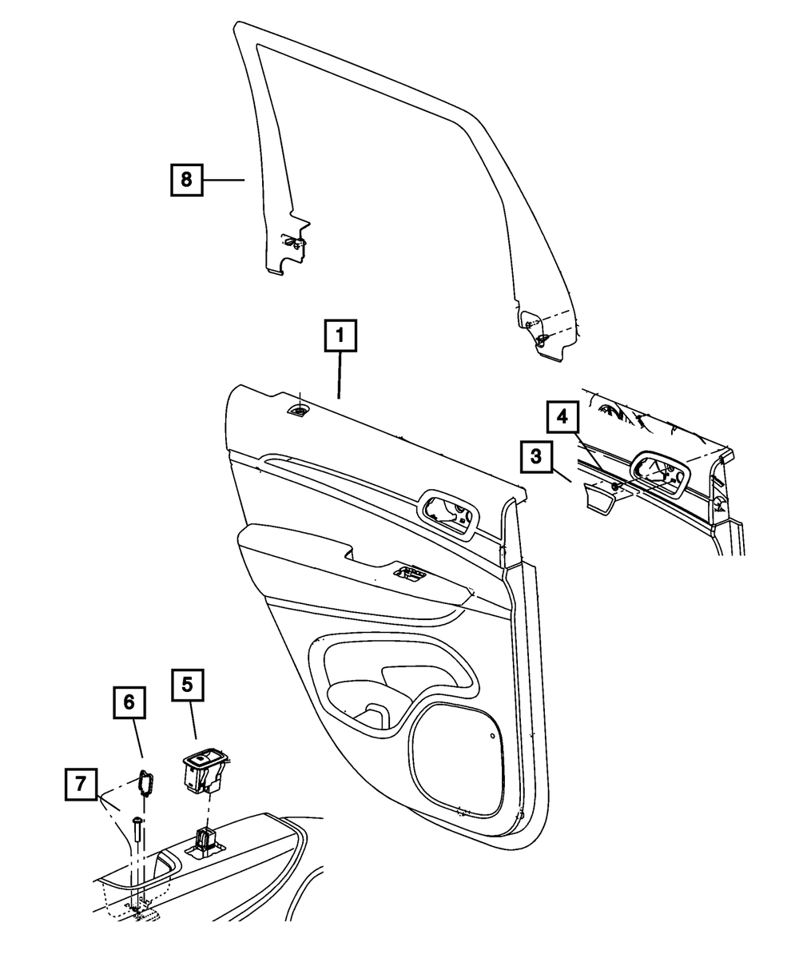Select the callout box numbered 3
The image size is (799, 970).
click(x=535, y=458)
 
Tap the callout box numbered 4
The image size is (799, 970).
click(x=563, y=416)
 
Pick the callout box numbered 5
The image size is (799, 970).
click(x=187, y=685)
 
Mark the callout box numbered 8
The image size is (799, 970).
click(x=186, y=179)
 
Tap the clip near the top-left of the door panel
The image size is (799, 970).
click(x=299, y=411)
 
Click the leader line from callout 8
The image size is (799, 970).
click(x=223, y=180)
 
